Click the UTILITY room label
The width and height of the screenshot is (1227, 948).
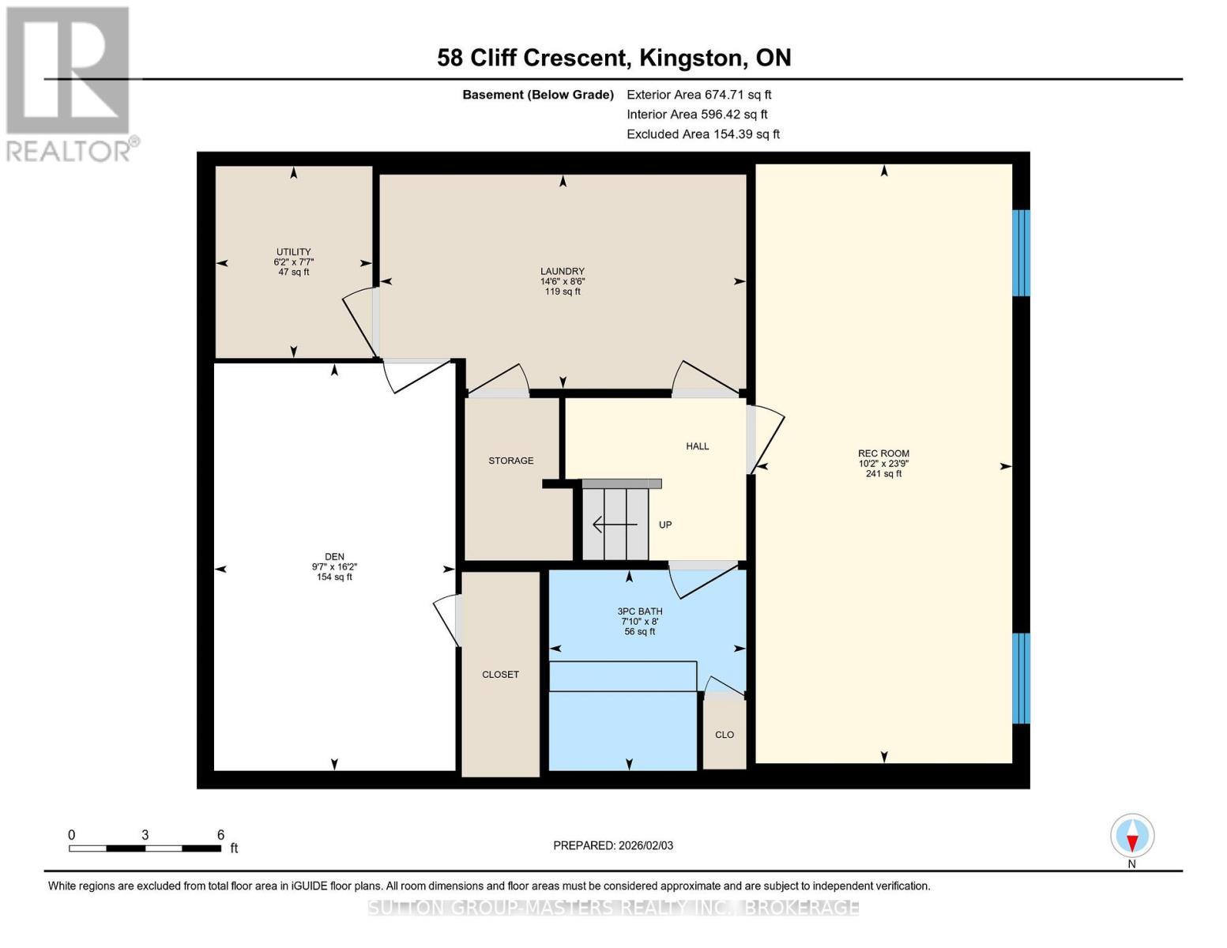(293, 252)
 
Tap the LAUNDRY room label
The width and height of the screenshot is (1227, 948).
(562, 271)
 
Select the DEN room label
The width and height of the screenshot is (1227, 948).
(334, 557)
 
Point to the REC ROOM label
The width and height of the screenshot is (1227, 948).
(883, 453)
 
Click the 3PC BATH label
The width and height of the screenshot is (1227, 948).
(640, 611)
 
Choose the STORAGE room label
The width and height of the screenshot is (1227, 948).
(511, 461)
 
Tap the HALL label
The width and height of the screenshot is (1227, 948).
(698, 446)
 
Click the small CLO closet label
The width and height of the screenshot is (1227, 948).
(725, 735)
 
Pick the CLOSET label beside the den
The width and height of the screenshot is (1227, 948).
(500, 675)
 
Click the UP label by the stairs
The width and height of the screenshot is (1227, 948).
(665, 525)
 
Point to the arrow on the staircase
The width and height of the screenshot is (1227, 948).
(615, 525)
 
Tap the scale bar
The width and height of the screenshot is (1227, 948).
(145, 848)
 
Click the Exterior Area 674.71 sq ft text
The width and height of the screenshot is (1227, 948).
(699, 95)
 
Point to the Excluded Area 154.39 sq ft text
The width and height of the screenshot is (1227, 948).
(703, 134)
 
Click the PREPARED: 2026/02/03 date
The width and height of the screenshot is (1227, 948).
(613, 846)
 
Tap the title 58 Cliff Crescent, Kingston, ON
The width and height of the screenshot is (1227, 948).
(614, 58)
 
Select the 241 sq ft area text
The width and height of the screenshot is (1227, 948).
(883, 474)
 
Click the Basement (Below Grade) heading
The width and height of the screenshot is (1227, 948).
(538, 95)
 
